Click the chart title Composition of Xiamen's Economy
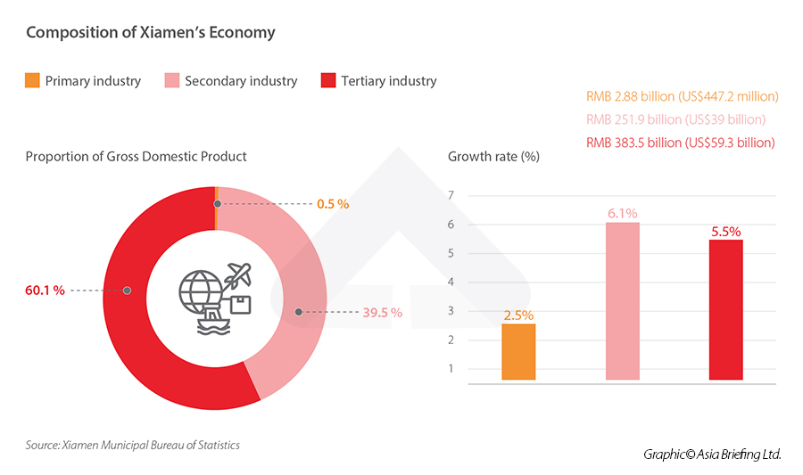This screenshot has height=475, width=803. [150, 33]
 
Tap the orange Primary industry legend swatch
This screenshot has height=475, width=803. [32, 81]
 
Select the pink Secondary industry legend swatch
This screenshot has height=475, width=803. [171, 81]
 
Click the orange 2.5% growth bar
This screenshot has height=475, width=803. [518, 352]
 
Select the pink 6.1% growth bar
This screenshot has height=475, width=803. [622, 301]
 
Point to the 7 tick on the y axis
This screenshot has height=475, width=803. [451, 196]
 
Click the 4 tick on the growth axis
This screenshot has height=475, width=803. [451, 283]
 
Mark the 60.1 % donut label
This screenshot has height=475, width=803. [46, 291]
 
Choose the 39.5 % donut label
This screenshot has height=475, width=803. [383, 313]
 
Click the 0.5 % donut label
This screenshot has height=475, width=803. [333, 204]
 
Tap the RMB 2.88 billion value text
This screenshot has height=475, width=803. [682, 96]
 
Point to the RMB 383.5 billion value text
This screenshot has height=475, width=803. [680, 143]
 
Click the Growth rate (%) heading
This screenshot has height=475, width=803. [493, 157]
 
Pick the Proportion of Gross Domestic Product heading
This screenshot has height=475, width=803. [136, 157]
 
